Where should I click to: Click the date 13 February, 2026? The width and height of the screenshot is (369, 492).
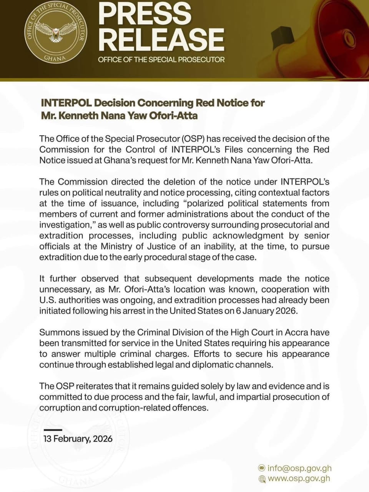(x=78, y=439)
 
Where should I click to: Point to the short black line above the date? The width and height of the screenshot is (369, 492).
(x=53, y=429)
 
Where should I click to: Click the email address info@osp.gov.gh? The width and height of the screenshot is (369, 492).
(x=299, y=468)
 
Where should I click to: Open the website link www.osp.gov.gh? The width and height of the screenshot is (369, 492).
(x=299, y=479)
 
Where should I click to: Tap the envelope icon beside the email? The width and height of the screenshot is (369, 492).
(x=262, y=468)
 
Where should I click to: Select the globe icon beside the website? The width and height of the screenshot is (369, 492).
(x=262, y=479)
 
